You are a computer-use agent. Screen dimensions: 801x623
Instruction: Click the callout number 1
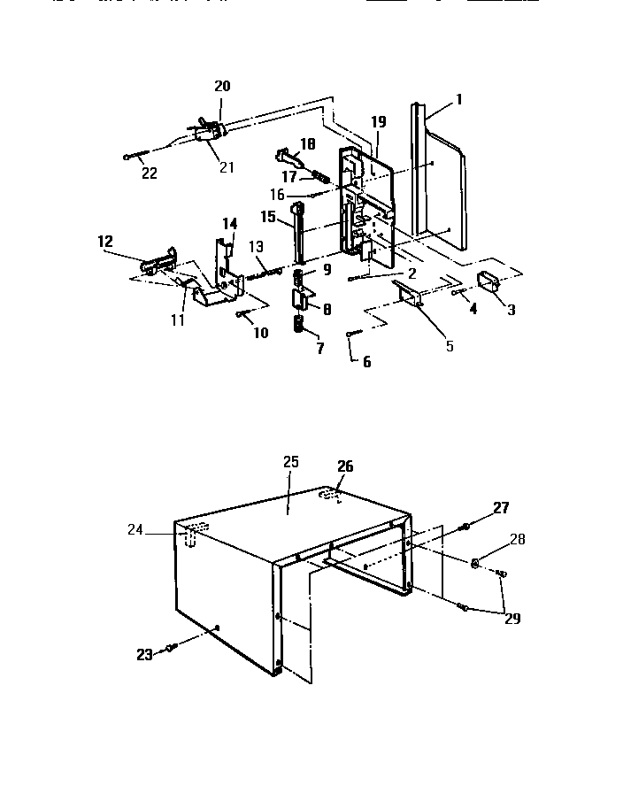(x=459, y=101)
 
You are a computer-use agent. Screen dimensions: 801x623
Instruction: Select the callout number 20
(x=222, y=86)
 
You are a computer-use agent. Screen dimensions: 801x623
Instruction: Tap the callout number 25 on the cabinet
(x=292, y=462)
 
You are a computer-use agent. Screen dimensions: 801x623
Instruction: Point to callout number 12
(x=105, y=241)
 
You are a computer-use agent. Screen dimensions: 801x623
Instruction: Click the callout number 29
(x=512, y=618)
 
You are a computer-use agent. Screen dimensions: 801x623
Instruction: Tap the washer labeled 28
(x=476, y=562)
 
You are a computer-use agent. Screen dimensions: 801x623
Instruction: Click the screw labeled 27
(x=465, y=528)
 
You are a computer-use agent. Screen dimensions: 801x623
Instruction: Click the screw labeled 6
(x=353, y=333)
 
